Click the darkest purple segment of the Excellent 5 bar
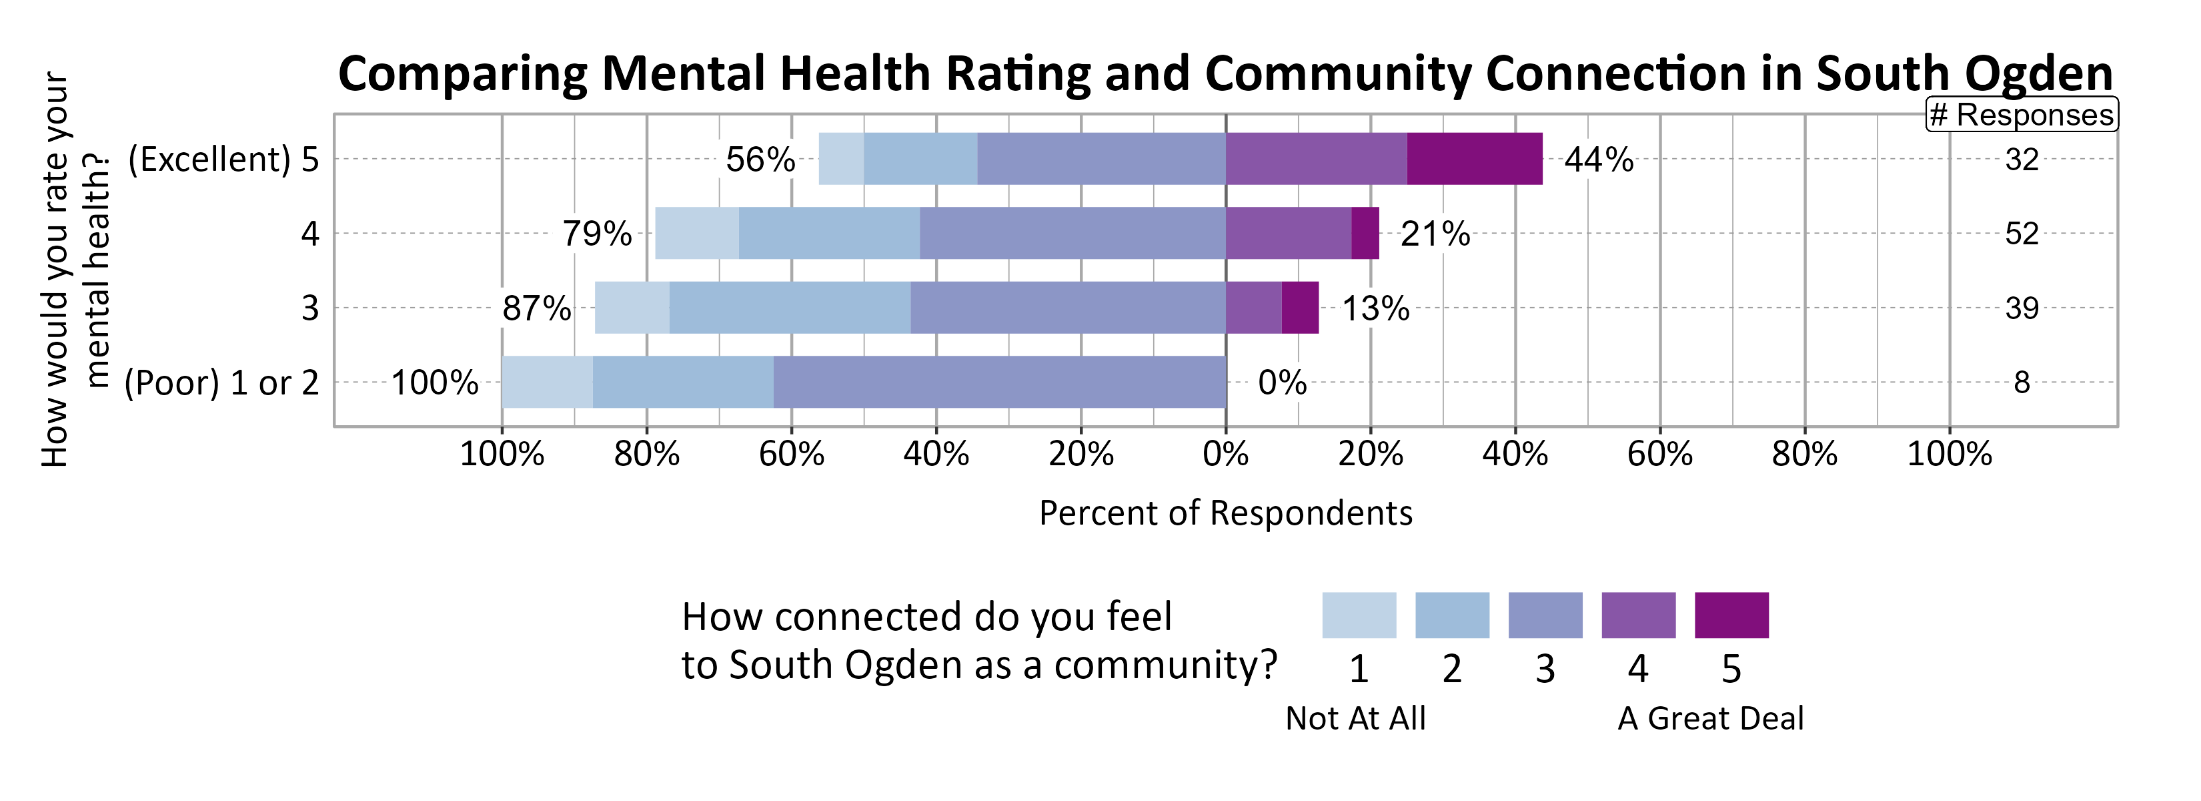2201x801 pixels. tap(1474, 159)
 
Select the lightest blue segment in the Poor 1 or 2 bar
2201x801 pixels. tap(547, 382)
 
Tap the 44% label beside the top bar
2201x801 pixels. tap(1599, 160)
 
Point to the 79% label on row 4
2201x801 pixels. tap(596, 234)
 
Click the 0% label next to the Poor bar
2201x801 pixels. tap(1282, 382)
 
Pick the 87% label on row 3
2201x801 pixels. tap(537, 308)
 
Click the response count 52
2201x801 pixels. tap(2022, 234)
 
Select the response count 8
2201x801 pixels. tap(2022, 382)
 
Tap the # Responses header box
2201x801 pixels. tap(2022, 115)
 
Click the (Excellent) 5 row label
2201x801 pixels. tap(223, 159)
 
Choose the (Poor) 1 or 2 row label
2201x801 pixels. tap(221, 382)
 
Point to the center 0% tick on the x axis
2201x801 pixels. tap(1225, 453)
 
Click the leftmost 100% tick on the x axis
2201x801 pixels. tap(502, 453)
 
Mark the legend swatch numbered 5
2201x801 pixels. tap(1731, 615)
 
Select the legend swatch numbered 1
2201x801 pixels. tap(1359, 615)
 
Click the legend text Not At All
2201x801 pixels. tap(1355, 718)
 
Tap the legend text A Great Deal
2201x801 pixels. tap(1711, 718)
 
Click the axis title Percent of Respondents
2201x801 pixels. tap(1225, 513)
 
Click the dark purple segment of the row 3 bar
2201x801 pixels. tap(1299, 308)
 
